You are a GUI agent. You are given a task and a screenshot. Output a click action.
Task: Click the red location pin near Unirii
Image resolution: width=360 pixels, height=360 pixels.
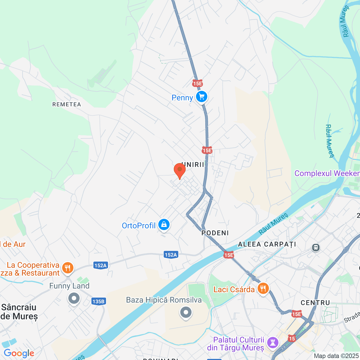(x=179, y=170)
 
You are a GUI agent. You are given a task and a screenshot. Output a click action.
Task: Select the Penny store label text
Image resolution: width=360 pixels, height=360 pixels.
(x=182, y=98)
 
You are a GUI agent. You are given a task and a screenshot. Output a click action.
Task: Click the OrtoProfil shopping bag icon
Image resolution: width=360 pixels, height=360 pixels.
(x=164, y=225)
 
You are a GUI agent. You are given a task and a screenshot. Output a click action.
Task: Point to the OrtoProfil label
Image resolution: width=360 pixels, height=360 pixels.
(x=139, y=226)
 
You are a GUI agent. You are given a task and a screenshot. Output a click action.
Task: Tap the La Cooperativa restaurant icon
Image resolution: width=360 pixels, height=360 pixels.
(x=67, y=268)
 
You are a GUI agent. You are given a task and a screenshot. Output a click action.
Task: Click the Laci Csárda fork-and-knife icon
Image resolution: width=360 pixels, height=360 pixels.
(x=263, y=289)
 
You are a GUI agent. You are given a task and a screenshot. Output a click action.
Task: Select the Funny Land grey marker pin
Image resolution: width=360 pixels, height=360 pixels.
(x=74, y=298)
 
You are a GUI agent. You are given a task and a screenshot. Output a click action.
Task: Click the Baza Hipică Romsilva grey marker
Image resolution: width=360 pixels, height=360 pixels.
(x=186, y=312)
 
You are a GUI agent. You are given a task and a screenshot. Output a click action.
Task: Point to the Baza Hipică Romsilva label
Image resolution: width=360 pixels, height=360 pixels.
(x=164, y=300)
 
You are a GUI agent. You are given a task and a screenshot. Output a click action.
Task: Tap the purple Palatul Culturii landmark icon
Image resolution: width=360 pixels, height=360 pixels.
(x=273, y=343)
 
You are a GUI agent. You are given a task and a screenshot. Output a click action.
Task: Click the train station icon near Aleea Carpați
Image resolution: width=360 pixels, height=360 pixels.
(x=316, y=247)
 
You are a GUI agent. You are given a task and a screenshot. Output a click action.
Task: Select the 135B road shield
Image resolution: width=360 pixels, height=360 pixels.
(x=98, y=301)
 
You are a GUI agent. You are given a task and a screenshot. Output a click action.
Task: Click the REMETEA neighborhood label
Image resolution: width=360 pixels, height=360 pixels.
(x=67, y=104)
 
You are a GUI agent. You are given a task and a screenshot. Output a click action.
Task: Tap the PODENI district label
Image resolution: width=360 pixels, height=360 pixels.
(x=215, y=233)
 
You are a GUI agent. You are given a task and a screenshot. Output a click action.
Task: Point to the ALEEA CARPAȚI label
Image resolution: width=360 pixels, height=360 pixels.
(x=267, y=244)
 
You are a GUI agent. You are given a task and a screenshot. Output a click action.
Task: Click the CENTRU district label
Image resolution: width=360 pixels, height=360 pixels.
(x=315, y=303)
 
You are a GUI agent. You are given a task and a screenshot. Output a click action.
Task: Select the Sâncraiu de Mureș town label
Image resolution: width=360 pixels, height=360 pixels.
(x=19, y=312)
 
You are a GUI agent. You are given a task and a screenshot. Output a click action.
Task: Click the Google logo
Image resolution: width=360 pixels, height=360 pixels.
(x=19, y=353)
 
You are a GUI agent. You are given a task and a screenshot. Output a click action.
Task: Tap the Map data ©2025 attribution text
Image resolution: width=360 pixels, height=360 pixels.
(x=336, y=356)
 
